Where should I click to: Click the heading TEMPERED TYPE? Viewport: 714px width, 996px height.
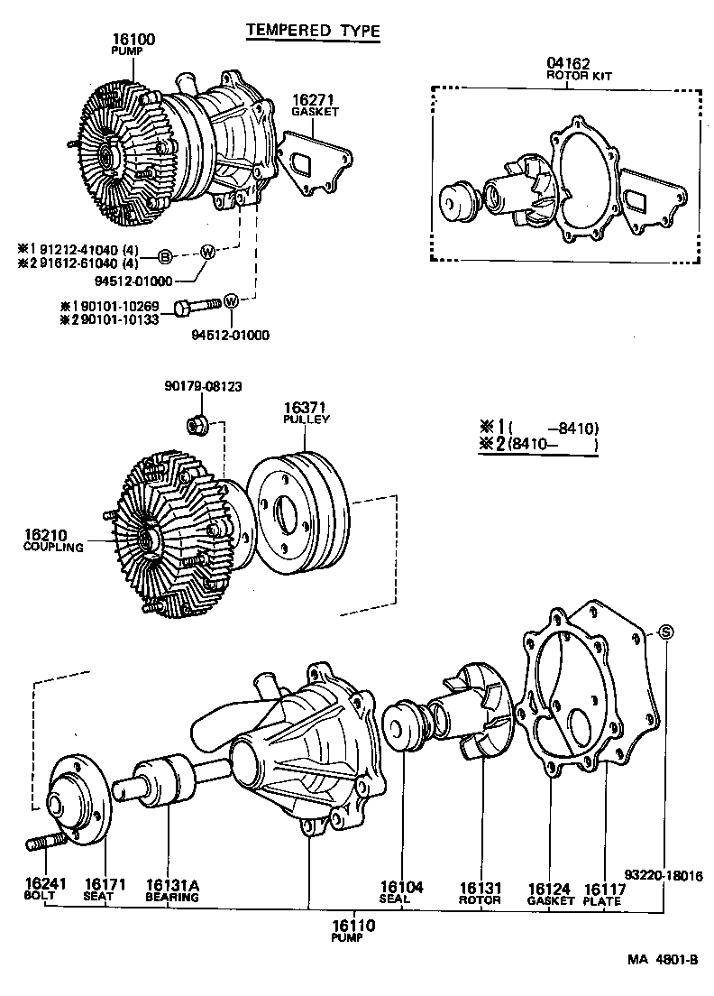pyautogui.click(x=313, y=31)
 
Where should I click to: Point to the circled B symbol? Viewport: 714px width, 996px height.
pyautogui.click(x=166, y=256)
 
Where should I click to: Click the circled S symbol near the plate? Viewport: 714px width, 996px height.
pyautogui.click(x=664, y=632)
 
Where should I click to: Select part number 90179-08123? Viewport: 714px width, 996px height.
pyautogui.click(x=203, y=386)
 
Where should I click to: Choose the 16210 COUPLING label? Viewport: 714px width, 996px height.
pyautogui.click(x=53, y=541)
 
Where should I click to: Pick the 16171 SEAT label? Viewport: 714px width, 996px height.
pyautogui.click(x=105, y=890)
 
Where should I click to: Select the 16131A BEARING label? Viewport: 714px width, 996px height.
pyautogui.click(x=172, y=890)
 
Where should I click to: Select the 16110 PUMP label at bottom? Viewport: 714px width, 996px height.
pyautogui.click(x=352, y=929)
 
